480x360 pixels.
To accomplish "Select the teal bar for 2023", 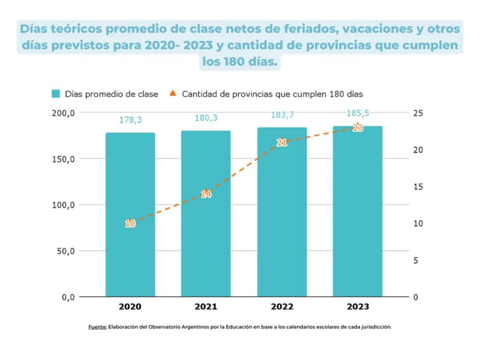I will click(358, 211).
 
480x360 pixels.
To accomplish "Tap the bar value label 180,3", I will click(206, 118).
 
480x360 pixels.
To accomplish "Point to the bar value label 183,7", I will click(282, 115).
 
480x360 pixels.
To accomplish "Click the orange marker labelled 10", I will click(130, 224).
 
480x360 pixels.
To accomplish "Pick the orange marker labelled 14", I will click(206, 194).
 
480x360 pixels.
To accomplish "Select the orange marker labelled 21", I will click(282, 142).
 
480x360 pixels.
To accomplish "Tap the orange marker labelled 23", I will click(358, 127).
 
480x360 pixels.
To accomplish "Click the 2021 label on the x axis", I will click(206, 307).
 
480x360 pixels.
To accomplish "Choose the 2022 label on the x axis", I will click(282, 307).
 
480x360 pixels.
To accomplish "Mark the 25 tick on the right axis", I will click(418, 113).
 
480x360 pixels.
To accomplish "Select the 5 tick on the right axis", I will click(416, 261).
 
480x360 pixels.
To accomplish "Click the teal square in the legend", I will click(56, 94).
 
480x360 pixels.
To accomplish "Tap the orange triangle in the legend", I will click(172, 93).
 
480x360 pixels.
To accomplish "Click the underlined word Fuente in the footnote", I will click(97, 327).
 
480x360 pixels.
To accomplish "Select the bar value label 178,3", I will click(130, 120).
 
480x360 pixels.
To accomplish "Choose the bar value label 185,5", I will click(358, 113).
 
